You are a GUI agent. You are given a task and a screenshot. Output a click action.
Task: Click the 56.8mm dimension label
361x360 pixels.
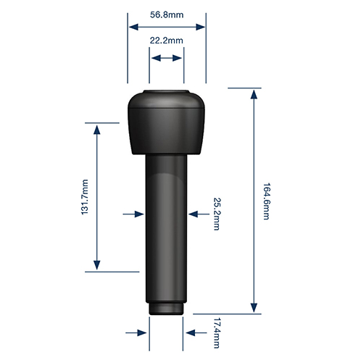click(167, 14)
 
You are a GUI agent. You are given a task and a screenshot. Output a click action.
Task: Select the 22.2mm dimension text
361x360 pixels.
click(167, 41)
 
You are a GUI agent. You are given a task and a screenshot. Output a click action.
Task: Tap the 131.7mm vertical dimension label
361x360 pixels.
click(85, 197)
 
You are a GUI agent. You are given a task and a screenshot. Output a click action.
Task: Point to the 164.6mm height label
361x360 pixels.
click(267, 201)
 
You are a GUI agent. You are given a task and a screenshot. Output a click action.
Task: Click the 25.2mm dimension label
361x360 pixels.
click(217, 214)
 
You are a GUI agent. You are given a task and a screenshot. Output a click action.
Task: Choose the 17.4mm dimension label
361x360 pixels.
click(217, 333)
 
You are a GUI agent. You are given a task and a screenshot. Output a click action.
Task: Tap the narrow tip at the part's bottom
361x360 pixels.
click(166, 309)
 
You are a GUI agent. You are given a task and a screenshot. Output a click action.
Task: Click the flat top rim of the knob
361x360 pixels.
click(166, 92)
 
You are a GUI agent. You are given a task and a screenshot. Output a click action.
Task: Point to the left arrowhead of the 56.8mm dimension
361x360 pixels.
click(133, 27)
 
